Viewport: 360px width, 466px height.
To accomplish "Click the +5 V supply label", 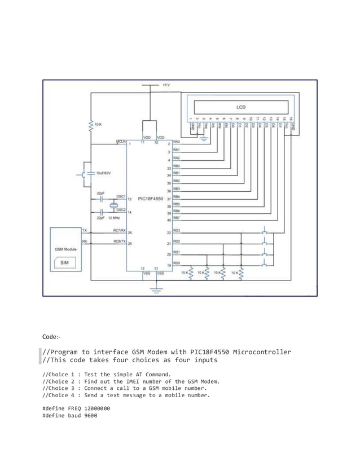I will (165, 85).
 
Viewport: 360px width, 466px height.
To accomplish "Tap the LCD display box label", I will (240, 106).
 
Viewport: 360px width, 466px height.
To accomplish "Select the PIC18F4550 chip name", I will (151, 199).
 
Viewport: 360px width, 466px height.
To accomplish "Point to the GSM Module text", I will (65, 249).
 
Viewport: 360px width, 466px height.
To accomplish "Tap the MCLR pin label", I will (120, 142).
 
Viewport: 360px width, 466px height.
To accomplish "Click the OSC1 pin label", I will (121, 197).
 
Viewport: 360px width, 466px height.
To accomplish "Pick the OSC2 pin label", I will (121, 209).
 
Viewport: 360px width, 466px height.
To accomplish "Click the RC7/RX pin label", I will (118, 230).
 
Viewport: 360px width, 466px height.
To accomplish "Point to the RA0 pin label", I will (177, 142).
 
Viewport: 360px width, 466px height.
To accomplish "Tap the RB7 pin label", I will (177, 217).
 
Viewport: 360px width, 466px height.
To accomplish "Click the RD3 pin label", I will (177, 230).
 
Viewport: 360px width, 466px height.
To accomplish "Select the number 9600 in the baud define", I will (89, 415).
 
